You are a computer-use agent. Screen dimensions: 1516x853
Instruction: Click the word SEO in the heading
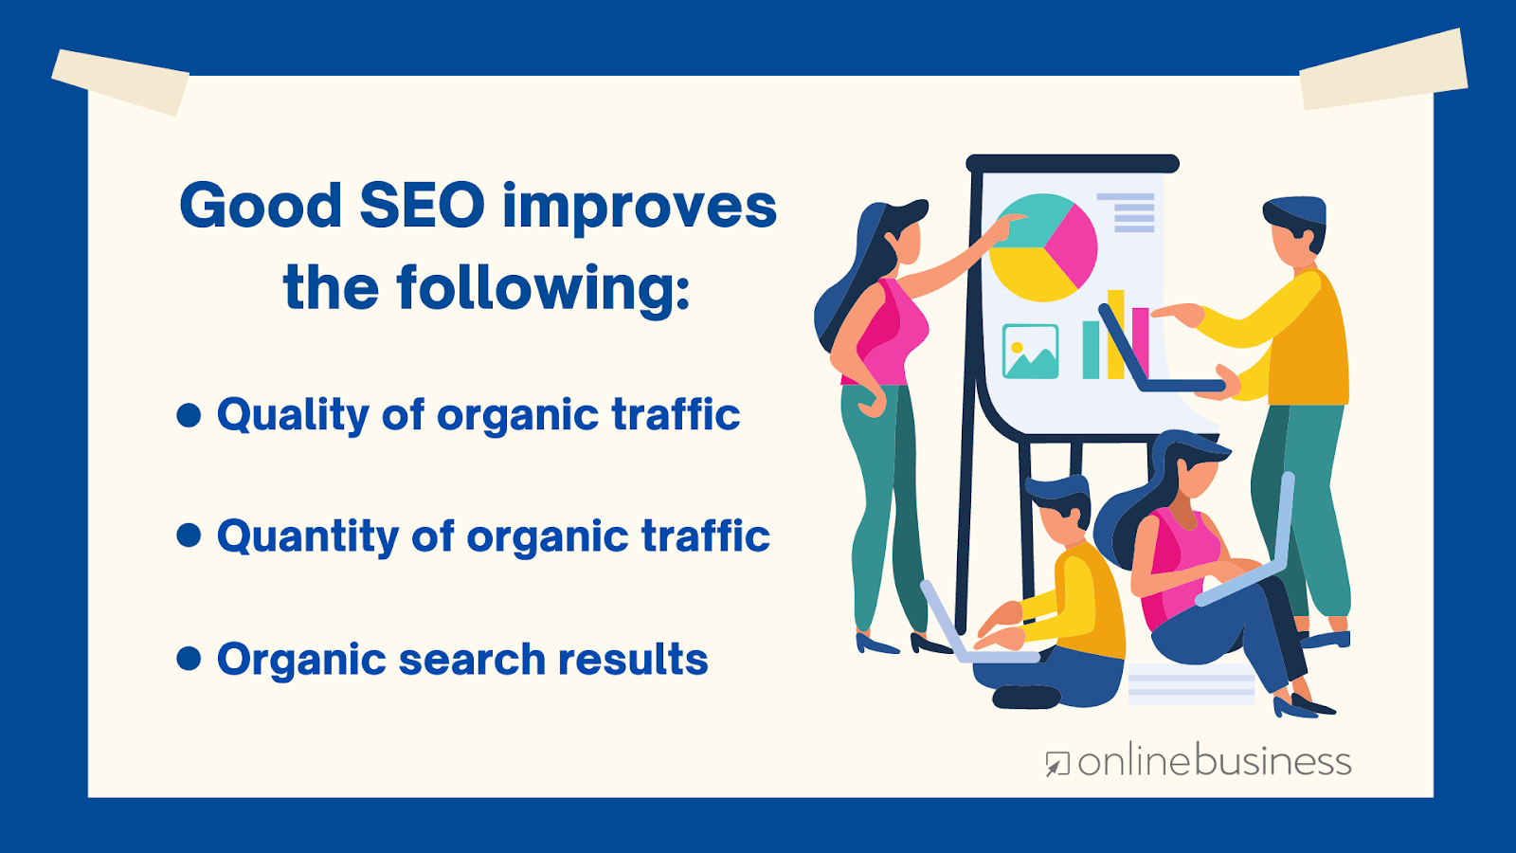tap(423, 205)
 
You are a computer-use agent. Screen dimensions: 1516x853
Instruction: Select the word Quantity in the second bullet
tap(308, 536)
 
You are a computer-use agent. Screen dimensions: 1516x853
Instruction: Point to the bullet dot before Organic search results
tap(189, 659)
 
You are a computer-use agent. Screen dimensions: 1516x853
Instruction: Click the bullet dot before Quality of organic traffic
tap(189, 415)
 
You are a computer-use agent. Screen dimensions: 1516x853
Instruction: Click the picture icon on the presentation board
tap(1030, 352)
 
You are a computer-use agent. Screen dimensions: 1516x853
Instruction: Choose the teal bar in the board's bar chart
tap(1091, 350)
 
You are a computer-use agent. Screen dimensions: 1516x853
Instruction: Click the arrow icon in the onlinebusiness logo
tap(1057, 764)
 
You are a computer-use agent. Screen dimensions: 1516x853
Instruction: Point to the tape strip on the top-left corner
tap(120, 82)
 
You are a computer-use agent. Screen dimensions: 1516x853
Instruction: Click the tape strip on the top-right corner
tap(1383, 69)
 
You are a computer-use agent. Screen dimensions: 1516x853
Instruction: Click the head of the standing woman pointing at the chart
tap(896, 233)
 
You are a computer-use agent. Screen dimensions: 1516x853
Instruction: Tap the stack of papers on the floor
tap(1191, 684)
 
